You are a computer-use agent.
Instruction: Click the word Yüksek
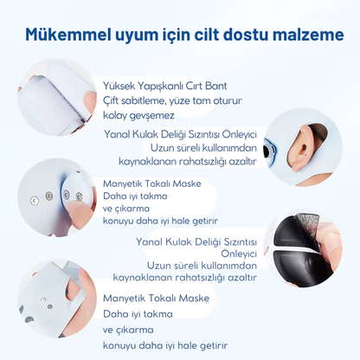tap(119, 87)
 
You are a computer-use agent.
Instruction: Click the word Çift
tap(113, 100)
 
